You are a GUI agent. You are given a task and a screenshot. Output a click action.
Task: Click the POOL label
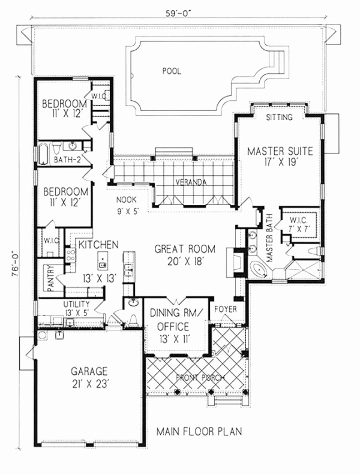click(171, 71)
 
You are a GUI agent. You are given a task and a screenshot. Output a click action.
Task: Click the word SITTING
click(278, 118)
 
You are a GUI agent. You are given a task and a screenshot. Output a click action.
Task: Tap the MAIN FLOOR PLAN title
click(199, 431)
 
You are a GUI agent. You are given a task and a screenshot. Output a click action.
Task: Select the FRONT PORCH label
click(200, 377)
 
